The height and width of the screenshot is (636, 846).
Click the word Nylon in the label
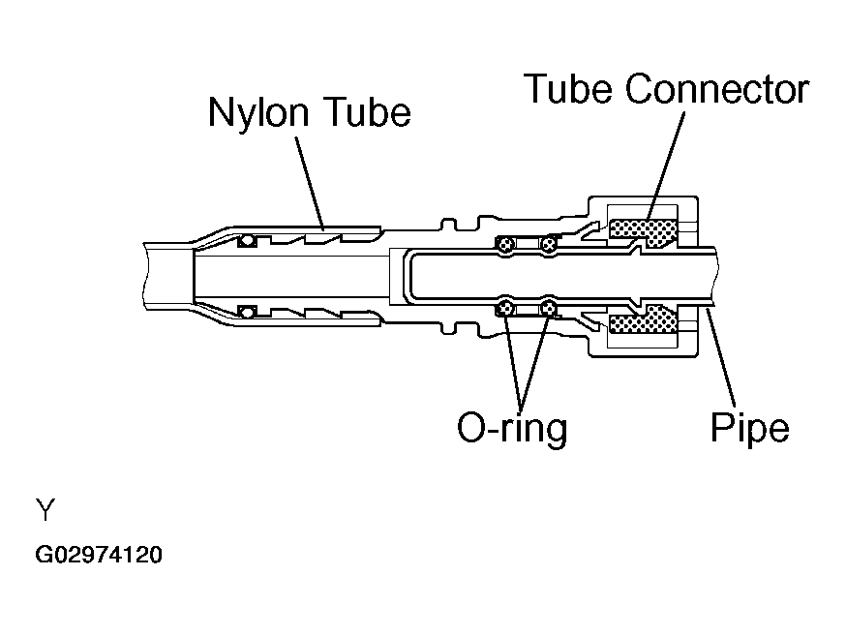tap(258, 112)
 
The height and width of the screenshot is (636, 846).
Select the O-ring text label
tap(512, 428)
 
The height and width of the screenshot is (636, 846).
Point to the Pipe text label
tap(749, 427)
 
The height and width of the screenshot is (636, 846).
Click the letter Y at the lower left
tap(45, 510)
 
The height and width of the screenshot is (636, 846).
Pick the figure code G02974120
tap(99, 555)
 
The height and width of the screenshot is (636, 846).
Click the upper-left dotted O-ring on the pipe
tap(505, 245)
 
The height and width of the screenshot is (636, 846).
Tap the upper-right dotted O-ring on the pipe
tap(549, 245)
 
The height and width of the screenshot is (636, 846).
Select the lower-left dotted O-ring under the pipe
tap(505, 309)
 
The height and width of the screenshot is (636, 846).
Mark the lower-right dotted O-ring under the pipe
tap(549, 309)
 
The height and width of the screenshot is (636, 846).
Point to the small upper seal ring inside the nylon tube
tap(247, 241)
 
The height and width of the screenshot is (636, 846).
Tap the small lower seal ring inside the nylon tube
tap(247, 312)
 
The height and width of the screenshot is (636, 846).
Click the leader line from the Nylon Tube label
tap(310, 183)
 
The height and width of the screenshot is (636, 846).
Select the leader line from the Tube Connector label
tap(665, 167)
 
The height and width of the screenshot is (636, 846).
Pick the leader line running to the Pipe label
tap(721, 356)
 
